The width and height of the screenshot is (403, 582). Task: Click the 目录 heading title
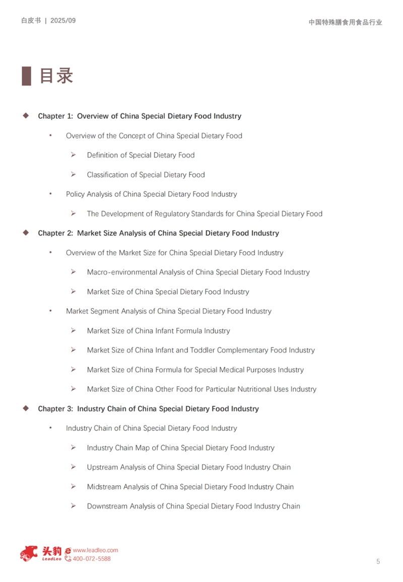pyautogui.click(x=56, y=76)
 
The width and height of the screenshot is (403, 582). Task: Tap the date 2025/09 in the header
pyautogui.click(x=63, y=21)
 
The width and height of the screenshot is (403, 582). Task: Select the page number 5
pyautogui.click(x=378, y=561)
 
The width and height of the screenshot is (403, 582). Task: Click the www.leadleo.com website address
pyautogui.click(x=95, y=550)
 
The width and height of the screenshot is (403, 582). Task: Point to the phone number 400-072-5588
pyautogui.click(x=92, y=559)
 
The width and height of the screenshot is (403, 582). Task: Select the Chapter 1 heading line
pyautogui.click(x=140, y=116)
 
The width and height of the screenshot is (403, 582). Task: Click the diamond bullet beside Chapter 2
pyautogui.click(x=26, y=233)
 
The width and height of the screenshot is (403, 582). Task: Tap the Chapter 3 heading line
pyautogui.click(x=148, y=409)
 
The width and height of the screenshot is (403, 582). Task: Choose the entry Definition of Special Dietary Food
pyautogui.click(x=141, y=155)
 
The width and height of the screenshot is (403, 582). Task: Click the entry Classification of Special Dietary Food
pyautogui.click(x=146, y=175)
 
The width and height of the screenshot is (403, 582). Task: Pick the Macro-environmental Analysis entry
pyautogui.click(x=198, y=272)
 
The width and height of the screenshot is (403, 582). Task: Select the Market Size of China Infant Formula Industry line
pyautogui.click(x=158, y=331)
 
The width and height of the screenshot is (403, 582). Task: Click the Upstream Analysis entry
pyautogui.click(x=188, y=467)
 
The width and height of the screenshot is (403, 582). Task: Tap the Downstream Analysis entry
pyautogui.click(x=193, y=506)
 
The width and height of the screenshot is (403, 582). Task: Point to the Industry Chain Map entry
pyautogui.click(x=180, y=448)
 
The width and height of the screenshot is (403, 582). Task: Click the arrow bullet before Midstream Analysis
pyautogui.click(x=74, y=486)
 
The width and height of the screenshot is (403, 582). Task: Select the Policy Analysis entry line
pyautogui.click(x=151, y=194)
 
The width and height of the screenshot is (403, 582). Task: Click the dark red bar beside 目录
pyautogui.click(x=26, y=76)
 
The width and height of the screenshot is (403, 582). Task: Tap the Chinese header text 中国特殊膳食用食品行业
pyautogui.click(x=345, y=22)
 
